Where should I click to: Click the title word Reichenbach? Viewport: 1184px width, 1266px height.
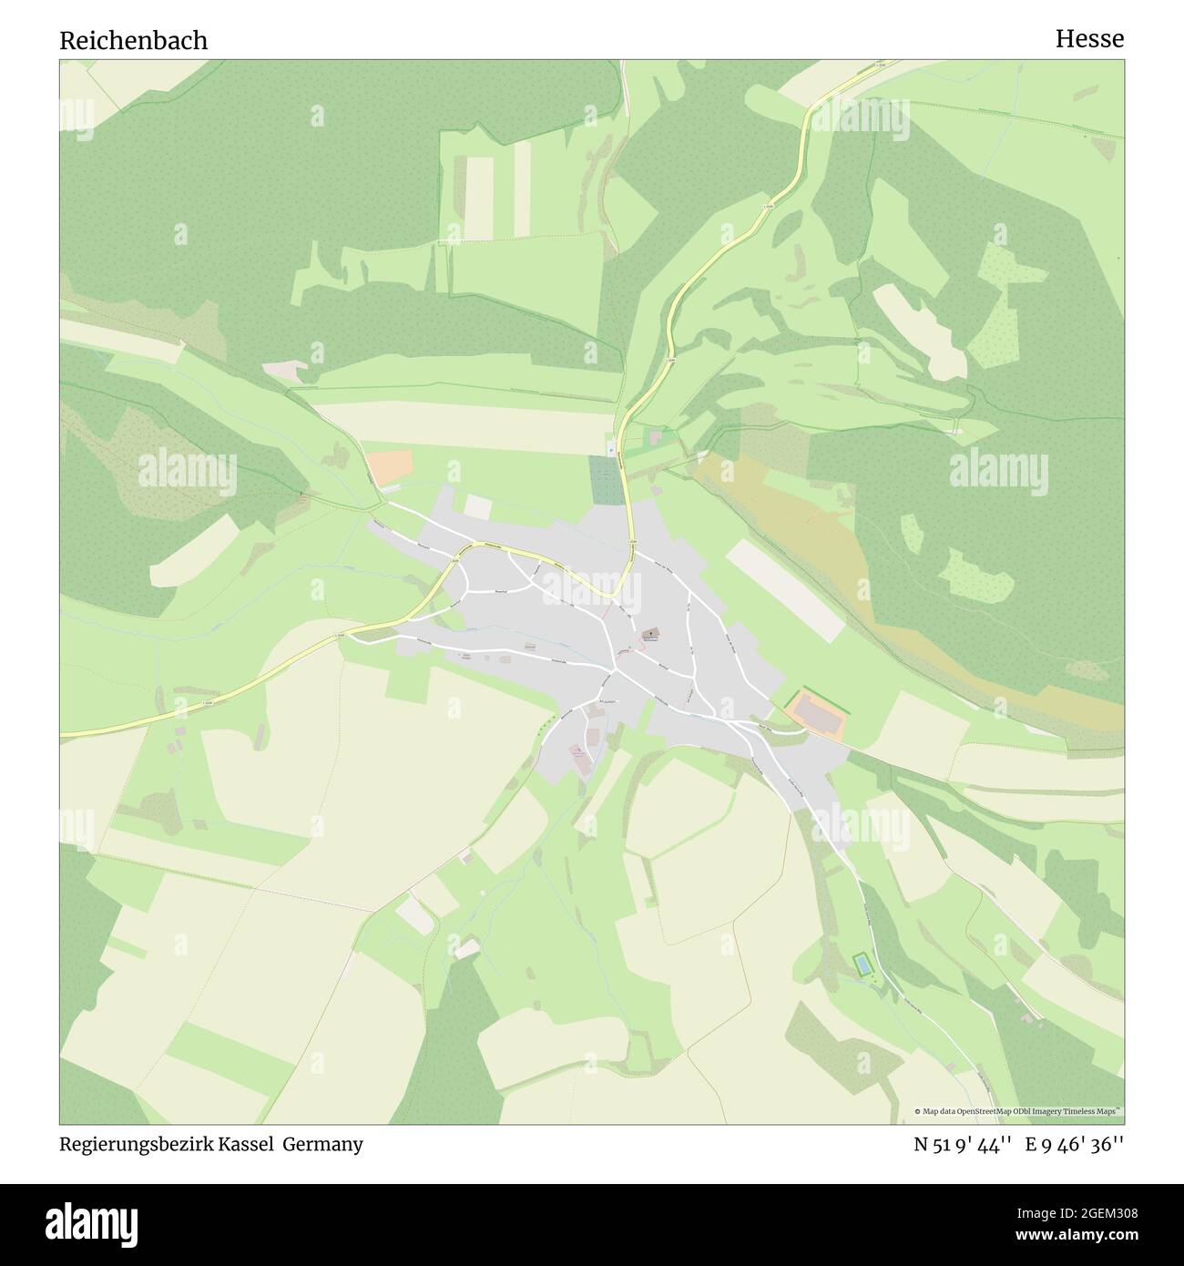point(134,40)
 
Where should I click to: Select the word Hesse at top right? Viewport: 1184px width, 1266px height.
point(1089,39)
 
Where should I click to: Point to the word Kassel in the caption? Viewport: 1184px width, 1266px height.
point(246,1145)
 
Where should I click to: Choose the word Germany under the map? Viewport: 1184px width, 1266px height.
point(322,1145)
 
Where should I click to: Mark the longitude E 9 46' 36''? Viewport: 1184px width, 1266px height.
point(1075,1145)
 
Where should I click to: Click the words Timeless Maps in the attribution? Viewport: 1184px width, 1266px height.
point(1094,1111)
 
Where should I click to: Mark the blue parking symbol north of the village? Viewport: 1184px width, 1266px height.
point(610,447)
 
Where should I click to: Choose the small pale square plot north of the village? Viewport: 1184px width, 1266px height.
point(478,506)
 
